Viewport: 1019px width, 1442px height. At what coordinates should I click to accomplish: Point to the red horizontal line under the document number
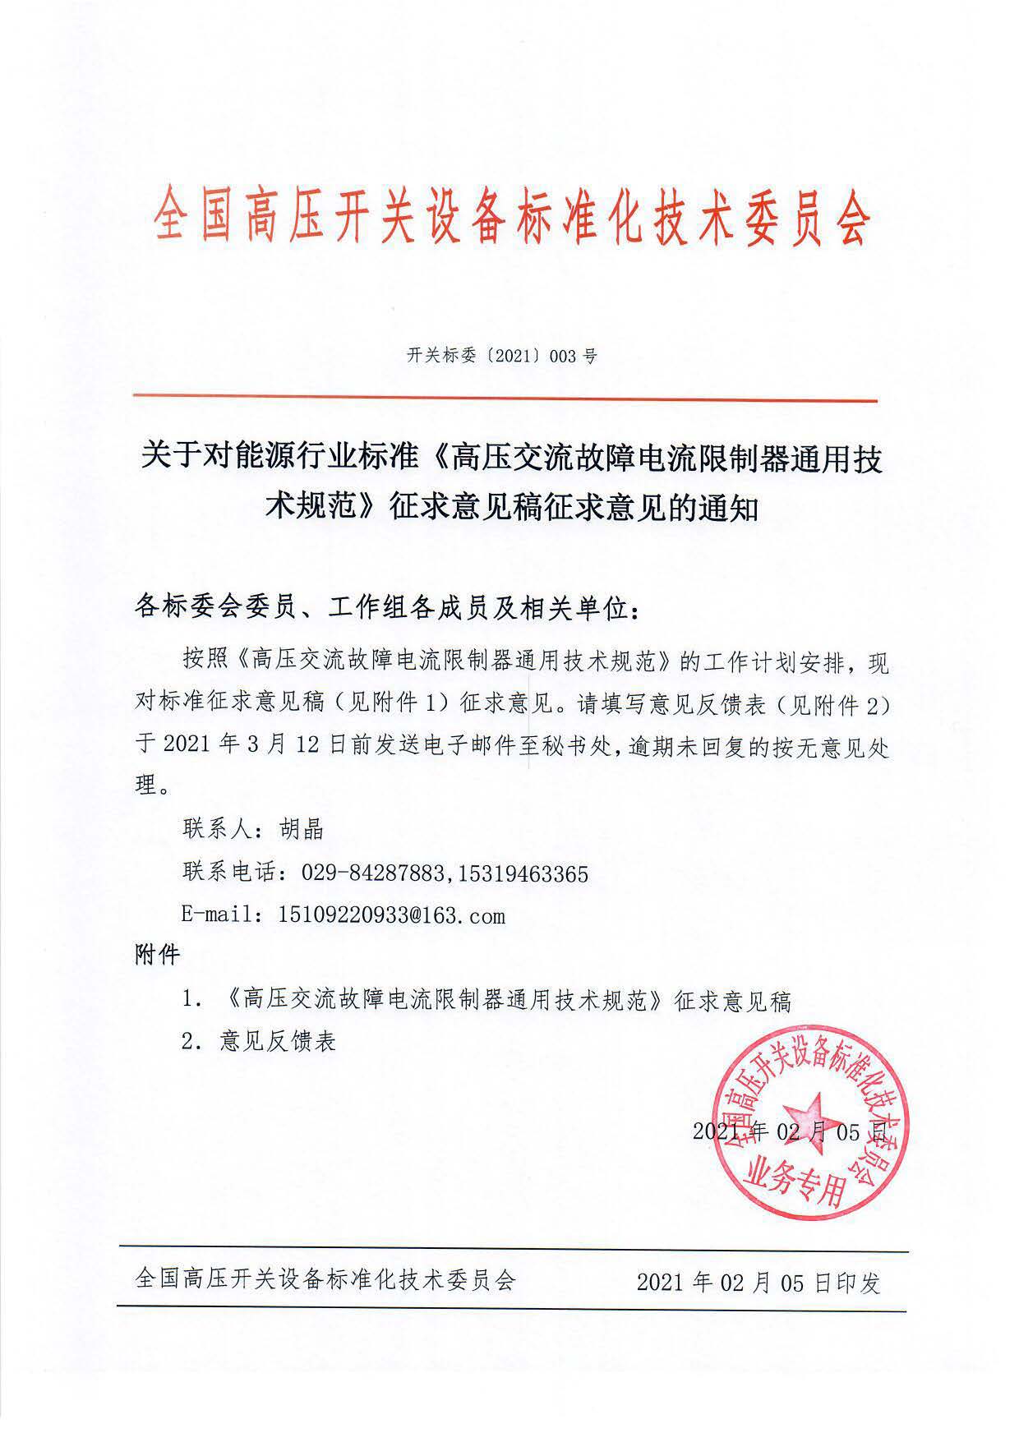[505, 400]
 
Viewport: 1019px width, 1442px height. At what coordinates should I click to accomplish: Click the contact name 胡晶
[300, 829]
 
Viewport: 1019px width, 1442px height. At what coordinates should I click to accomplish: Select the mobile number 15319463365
[520, 873]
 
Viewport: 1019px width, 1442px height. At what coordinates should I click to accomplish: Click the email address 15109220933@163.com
[381, 915]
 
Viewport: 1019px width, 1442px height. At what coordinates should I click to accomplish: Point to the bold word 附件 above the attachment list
[156, 955]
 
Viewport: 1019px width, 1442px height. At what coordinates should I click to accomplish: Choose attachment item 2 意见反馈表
[278, 1042]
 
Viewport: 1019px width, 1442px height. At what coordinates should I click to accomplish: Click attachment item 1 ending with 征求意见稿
[505, 1000]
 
